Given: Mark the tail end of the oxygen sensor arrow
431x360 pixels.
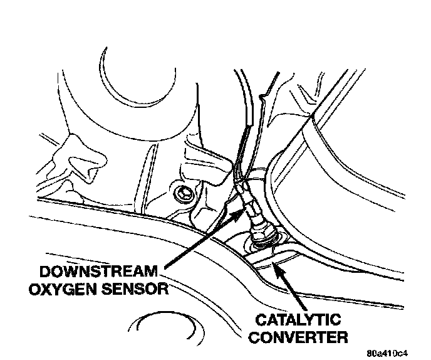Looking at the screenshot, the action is tap(164, 268).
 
